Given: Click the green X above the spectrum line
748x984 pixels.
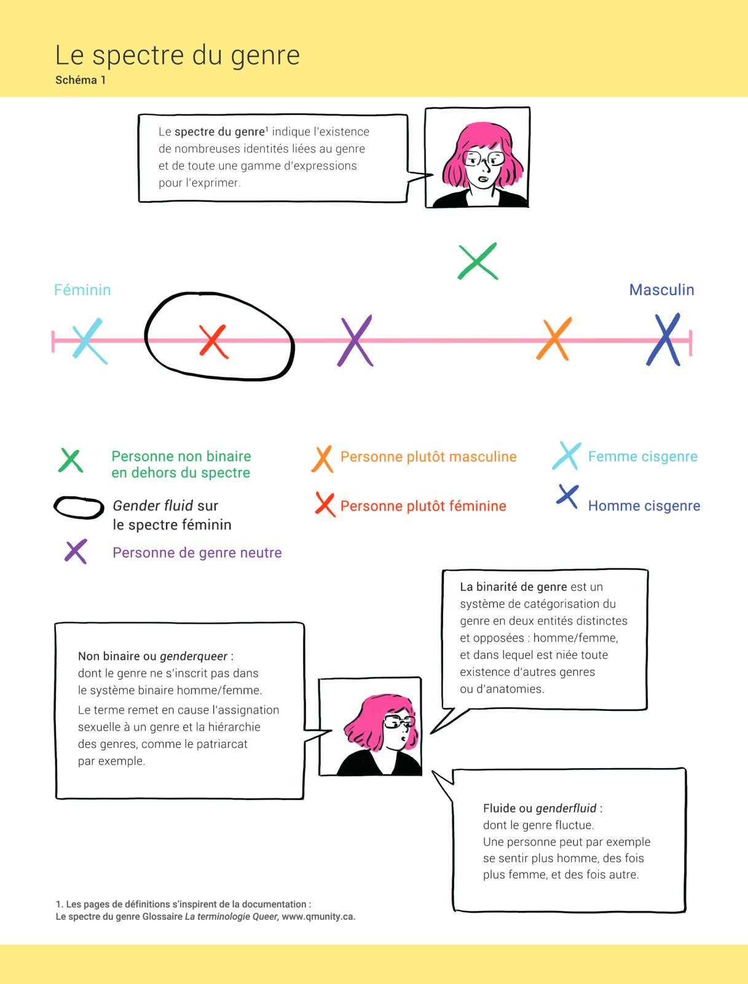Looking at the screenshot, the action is [x=478, y=261].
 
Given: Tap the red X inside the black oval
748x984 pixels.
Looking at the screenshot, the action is [x=213, y=341].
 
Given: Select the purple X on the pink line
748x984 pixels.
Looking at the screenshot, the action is [x=355, y=341].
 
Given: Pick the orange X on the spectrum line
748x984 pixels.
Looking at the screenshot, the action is [x=554, y=339].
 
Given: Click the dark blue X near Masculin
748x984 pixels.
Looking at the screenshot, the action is [x=664, y=340].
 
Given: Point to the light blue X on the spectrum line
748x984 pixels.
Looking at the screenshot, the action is [x=89, y=340].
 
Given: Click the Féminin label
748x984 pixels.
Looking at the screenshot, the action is [x=82, y=290].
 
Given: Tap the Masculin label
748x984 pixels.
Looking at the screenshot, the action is [x=661, y=290].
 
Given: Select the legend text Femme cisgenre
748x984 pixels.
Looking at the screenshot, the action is [x=643, y=457].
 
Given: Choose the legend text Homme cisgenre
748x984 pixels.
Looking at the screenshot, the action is [x=644, y=506].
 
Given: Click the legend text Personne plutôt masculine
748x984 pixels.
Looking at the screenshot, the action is [x=428, y=457].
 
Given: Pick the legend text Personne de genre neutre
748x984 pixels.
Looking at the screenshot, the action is [x=197, y=553].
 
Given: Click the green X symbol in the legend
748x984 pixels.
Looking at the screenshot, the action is [x=71, y=461].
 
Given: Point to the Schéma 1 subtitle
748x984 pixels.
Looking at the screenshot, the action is [x=81, y=80].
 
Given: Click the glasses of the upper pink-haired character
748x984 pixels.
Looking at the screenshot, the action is [x=484, y=159].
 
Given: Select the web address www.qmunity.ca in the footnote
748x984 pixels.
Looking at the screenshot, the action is [x=318, y=917].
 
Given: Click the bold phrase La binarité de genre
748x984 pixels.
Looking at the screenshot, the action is [x=513, y=587].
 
